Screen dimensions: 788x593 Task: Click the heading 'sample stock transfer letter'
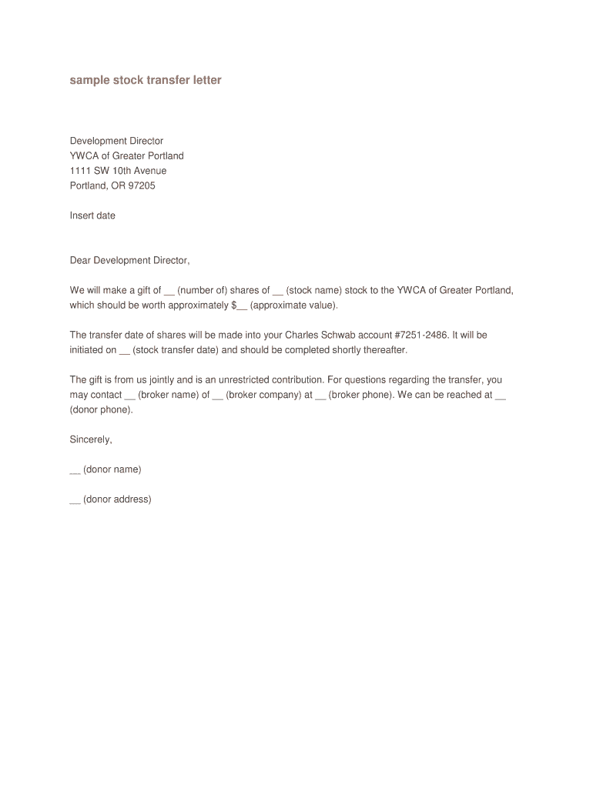[x=146, y=80]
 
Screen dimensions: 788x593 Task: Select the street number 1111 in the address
[x=81, y=171]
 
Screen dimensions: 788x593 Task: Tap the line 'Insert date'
[x=92, y=215]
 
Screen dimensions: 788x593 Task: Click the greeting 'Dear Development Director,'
[x=129, y=260]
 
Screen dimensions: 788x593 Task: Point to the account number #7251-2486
[x=422, y=336]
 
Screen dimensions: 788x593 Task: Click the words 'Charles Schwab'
[x=317, y=336]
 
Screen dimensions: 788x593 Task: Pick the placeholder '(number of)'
[x=202, y=290]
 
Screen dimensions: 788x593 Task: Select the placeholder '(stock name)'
[x=314, y=290]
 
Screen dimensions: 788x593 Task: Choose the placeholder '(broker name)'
[x=169, y=395]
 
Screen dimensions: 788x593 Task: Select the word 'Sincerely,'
[x=91, y=439]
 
